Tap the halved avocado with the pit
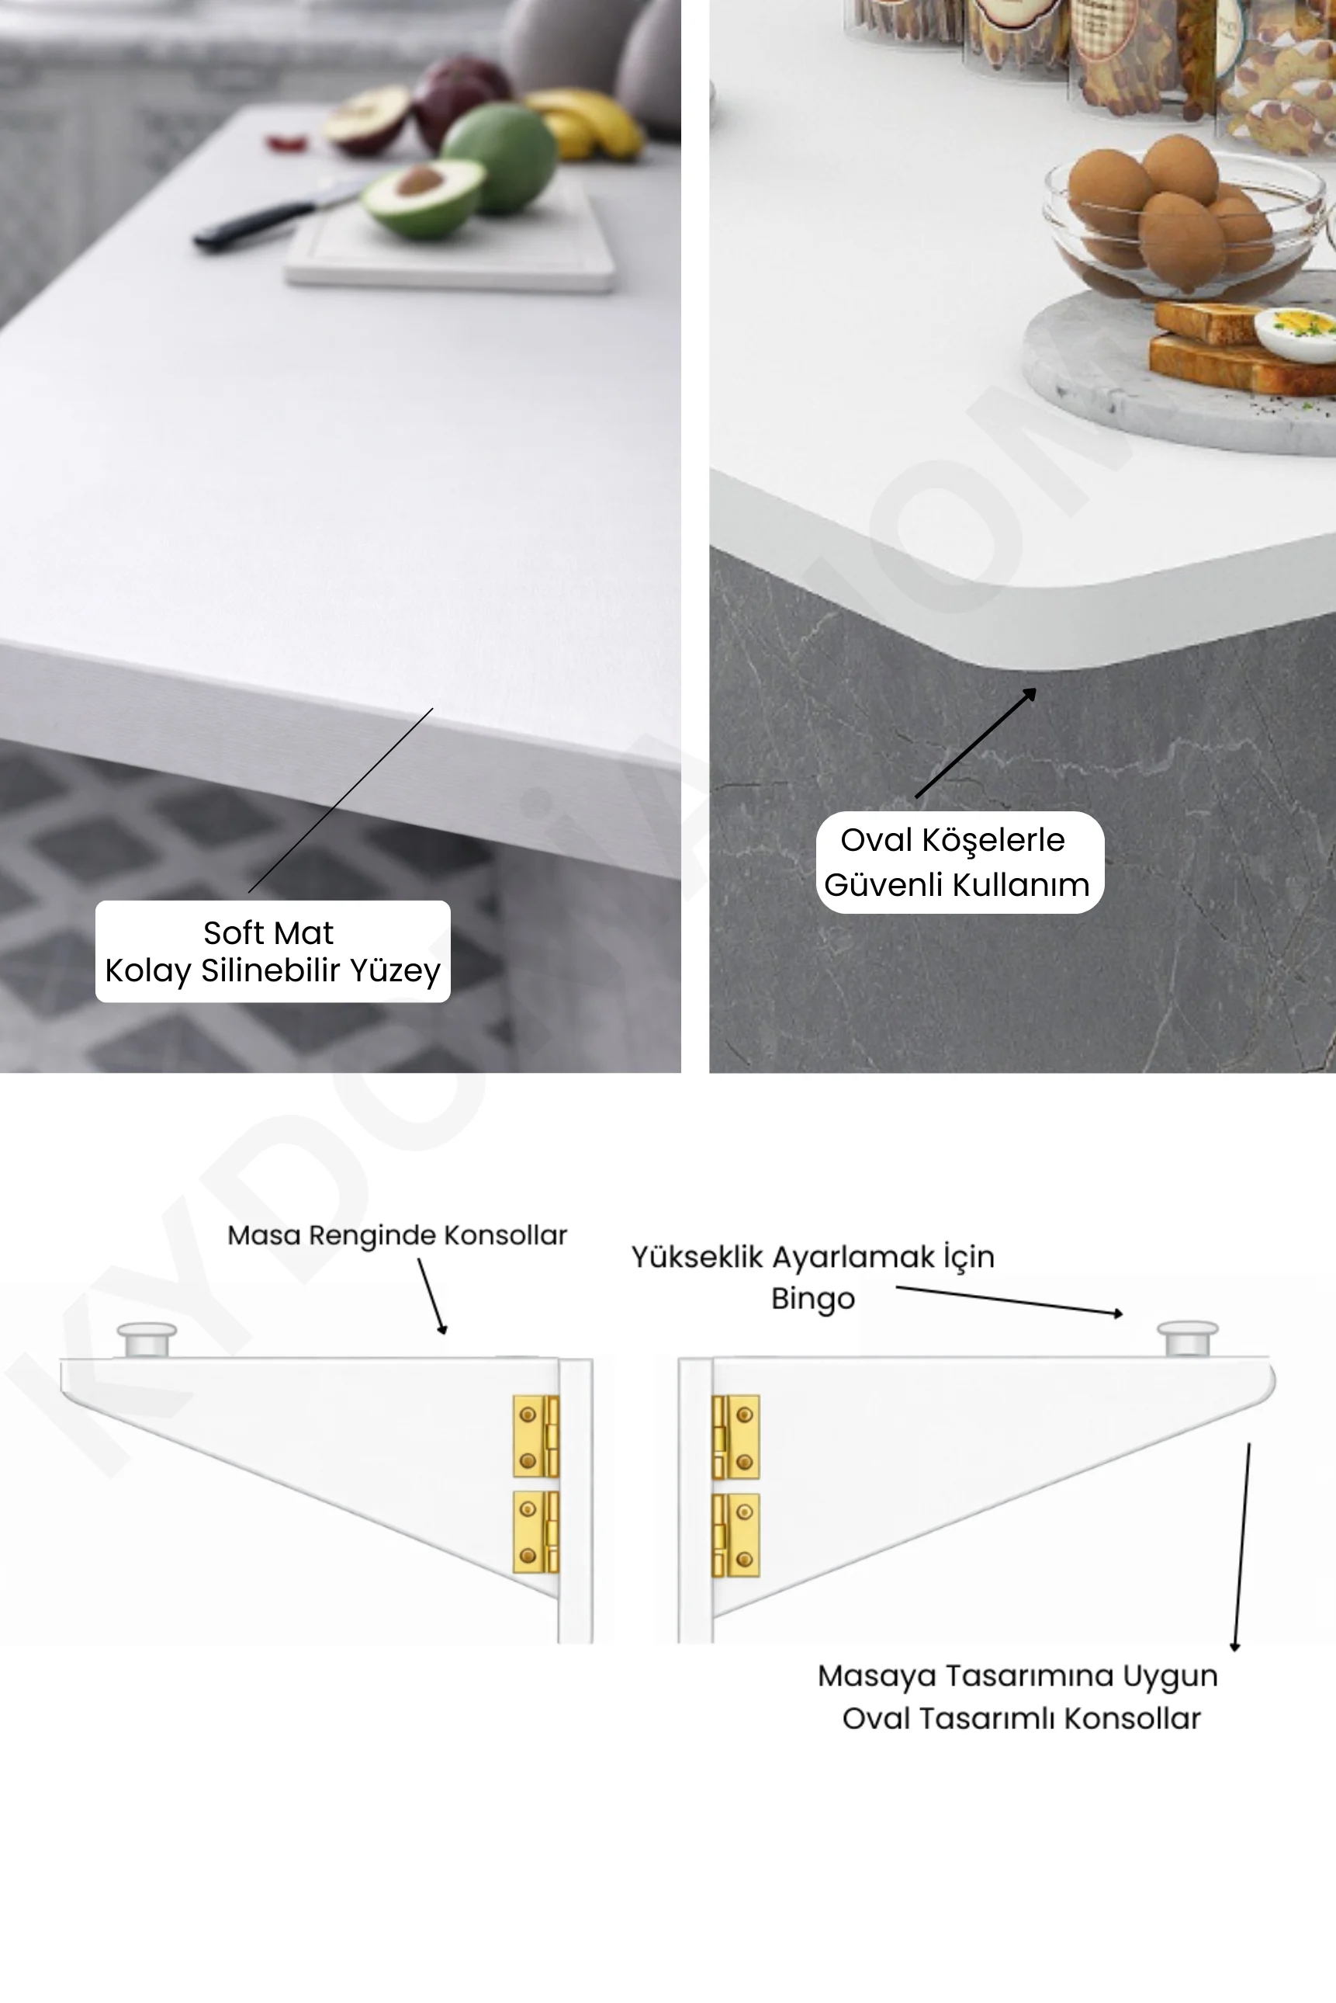(423, 199)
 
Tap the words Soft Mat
(268, 932)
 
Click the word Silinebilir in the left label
(272, 970)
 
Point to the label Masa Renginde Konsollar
(397, 1235)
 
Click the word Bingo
(813, 1299)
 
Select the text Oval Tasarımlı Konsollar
(1022, 1718)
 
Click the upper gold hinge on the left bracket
(535, 1436)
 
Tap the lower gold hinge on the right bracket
(735, 1535)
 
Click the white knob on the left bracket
(147, 1339)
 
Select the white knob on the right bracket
(1187, 1338)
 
